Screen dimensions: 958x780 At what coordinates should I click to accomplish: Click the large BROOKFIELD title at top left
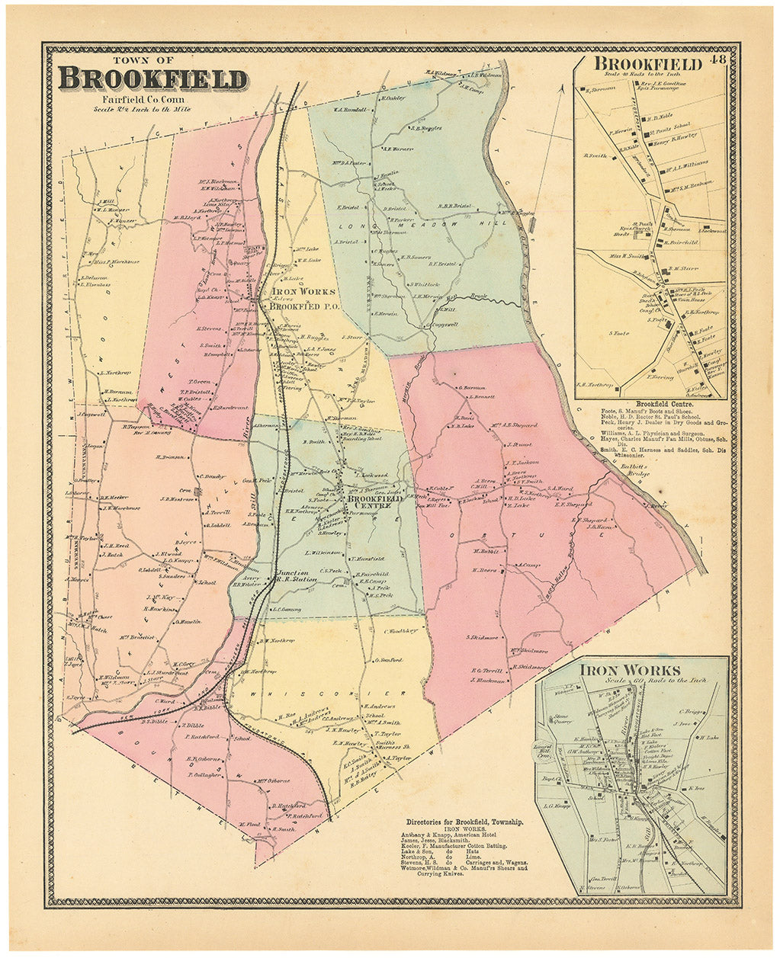152,79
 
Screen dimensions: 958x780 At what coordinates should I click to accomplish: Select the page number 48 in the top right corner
716,60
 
